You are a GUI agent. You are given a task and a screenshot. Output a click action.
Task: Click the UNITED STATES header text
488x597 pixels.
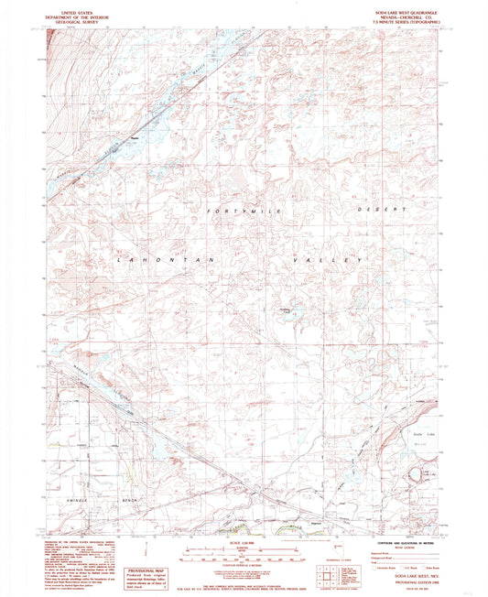tap(78, 5)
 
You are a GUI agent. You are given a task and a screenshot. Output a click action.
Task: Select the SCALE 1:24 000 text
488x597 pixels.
tap(240, 544)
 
